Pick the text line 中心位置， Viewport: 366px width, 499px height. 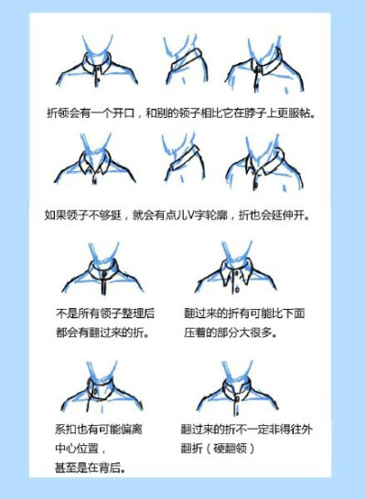(76, 448)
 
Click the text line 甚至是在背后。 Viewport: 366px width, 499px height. (90, 468)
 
